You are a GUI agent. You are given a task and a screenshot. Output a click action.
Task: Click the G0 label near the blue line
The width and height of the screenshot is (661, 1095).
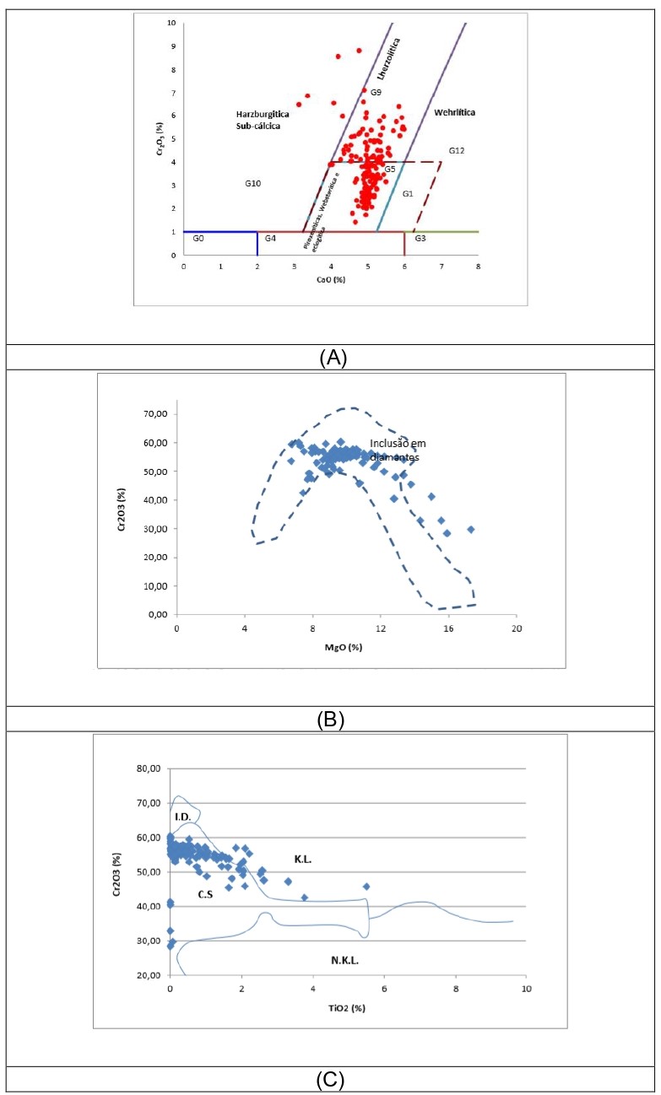pyautogui.click(x=198, y=239)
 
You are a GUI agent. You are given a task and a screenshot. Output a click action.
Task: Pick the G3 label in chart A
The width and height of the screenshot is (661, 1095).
pyautogui.click(x=420, y=239)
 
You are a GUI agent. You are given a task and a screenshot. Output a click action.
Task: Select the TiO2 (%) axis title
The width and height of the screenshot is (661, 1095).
pyautogui.click(x=347, y=1007)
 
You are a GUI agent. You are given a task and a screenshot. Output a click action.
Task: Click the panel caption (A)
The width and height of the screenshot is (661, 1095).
pyautogui.click(x=330, y=358)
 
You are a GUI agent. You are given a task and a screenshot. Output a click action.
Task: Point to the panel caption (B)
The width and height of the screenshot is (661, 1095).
pyautogui.click(x=330, y=720)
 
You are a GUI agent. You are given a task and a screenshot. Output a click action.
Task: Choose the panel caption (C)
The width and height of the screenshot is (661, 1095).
pyautogui.click(x=330, y=1080)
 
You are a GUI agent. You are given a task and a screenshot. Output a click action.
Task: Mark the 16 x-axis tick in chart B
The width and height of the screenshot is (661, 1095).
pyautogui.click(x=449, y=629)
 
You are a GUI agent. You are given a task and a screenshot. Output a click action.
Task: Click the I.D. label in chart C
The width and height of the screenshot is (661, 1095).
pyautogui.click(x=182, y=817)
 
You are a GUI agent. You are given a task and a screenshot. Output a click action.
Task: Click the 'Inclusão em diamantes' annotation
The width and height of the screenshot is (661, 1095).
pyautogui.click(x=395, y=450)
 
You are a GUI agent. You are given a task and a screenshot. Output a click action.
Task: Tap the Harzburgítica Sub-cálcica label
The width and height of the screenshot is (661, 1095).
pyautogui.click(x=258, y=119)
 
